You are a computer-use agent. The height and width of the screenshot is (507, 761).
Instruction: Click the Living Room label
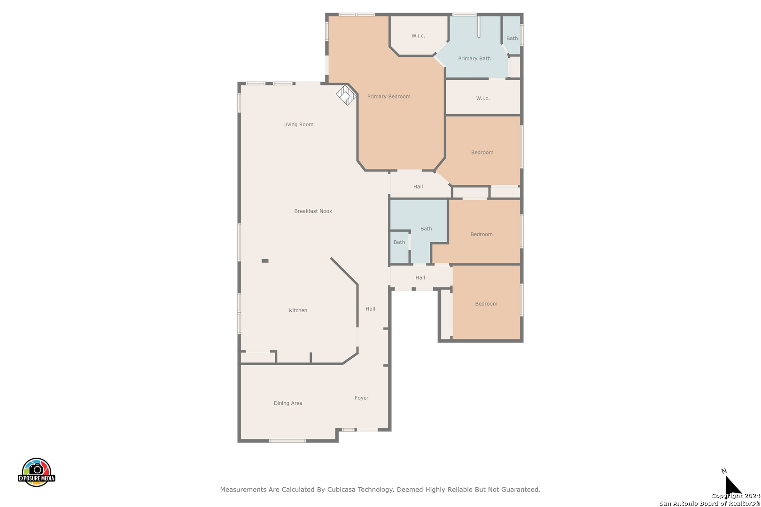(298, 124)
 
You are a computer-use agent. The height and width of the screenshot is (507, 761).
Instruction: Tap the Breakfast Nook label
(313, 211)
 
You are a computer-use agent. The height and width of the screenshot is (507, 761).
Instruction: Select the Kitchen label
(298, 310)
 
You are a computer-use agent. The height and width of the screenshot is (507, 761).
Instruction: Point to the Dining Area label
(288, 403)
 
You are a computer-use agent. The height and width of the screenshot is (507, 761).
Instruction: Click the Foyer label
(362, 398)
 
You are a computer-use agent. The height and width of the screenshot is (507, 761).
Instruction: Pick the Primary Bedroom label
(388, 96)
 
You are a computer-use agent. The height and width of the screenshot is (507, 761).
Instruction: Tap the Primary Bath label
(474, 58)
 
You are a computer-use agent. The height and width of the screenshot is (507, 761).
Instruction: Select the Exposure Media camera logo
(36, 472)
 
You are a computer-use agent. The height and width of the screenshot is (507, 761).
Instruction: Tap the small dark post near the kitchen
(265, 261)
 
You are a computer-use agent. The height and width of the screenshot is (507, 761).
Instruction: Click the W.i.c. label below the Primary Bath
(483, 99)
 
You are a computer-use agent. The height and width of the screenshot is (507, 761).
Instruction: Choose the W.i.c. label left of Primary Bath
(418, 36)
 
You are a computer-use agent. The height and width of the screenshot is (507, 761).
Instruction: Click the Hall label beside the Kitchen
(370, 309)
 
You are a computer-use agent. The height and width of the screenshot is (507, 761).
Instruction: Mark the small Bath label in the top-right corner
(512, 38)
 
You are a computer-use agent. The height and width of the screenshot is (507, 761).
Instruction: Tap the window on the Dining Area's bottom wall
(287, 441)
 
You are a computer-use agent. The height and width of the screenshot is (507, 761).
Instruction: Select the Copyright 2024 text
(736, 496)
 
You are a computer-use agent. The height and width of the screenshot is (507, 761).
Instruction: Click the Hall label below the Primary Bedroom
(418, 186)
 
